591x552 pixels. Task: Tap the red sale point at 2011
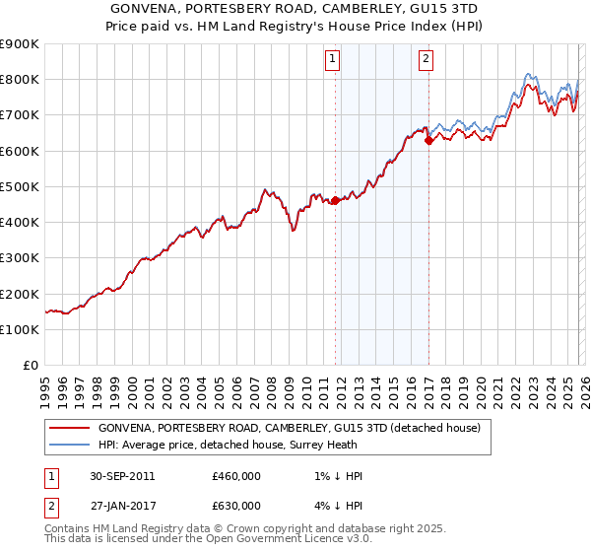(335, 200)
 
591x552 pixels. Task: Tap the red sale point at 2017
(428, 140)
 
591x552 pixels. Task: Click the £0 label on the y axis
(30, 366)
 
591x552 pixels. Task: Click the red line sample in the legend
(69, 428)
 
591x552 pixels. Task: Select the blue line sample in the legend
(69, 445)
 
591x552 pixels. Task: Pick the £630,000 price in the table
(236, 506)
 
